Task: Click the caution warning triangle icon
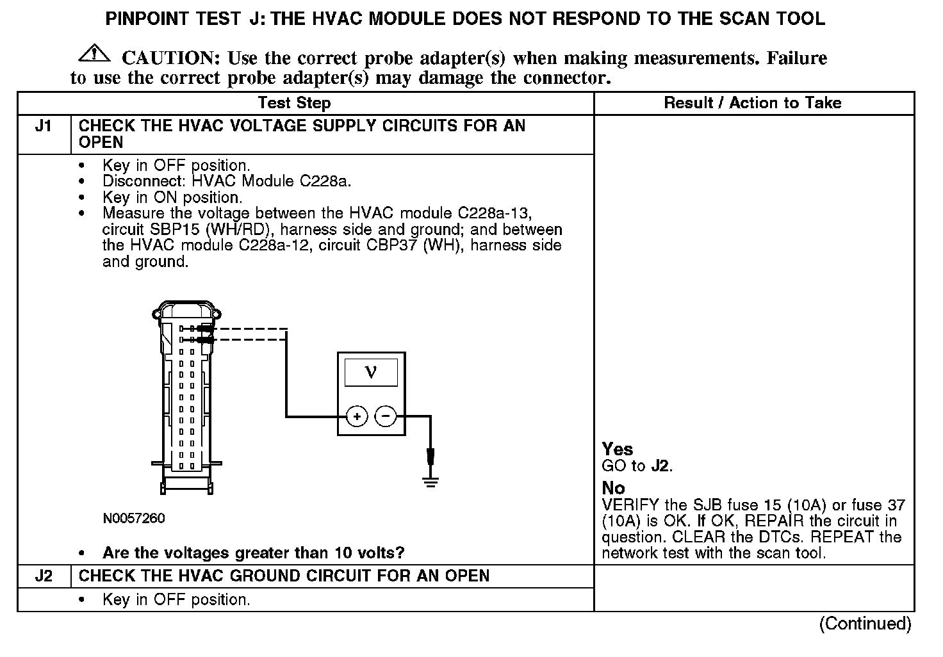tap(94, 54)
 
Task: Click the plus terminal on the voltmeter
tap(357, 417)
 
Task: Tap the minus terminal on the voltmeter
tap(386, 417)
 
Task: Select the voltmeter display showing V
tap(371, 372)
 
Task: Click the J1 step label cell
tap(44, 126)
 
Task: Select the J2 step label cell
tap(44, 576)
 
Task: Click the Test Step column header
tap(294, 103)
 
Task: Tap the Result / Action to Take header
tap(753, 103)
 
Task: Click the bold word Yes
tap(618, 449)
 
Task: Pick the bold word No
tap(613, 488)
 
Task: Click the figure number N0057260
tap(134, 519)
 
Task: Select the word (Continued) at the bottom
tap(865, 623)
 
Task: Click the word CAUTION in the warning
tap(171, 58)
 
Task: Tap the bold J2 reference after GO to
tap(660, 466)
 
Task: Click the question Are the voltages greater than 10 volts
tap(254, 553)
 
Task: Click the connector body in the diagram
tap(186, 397)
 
